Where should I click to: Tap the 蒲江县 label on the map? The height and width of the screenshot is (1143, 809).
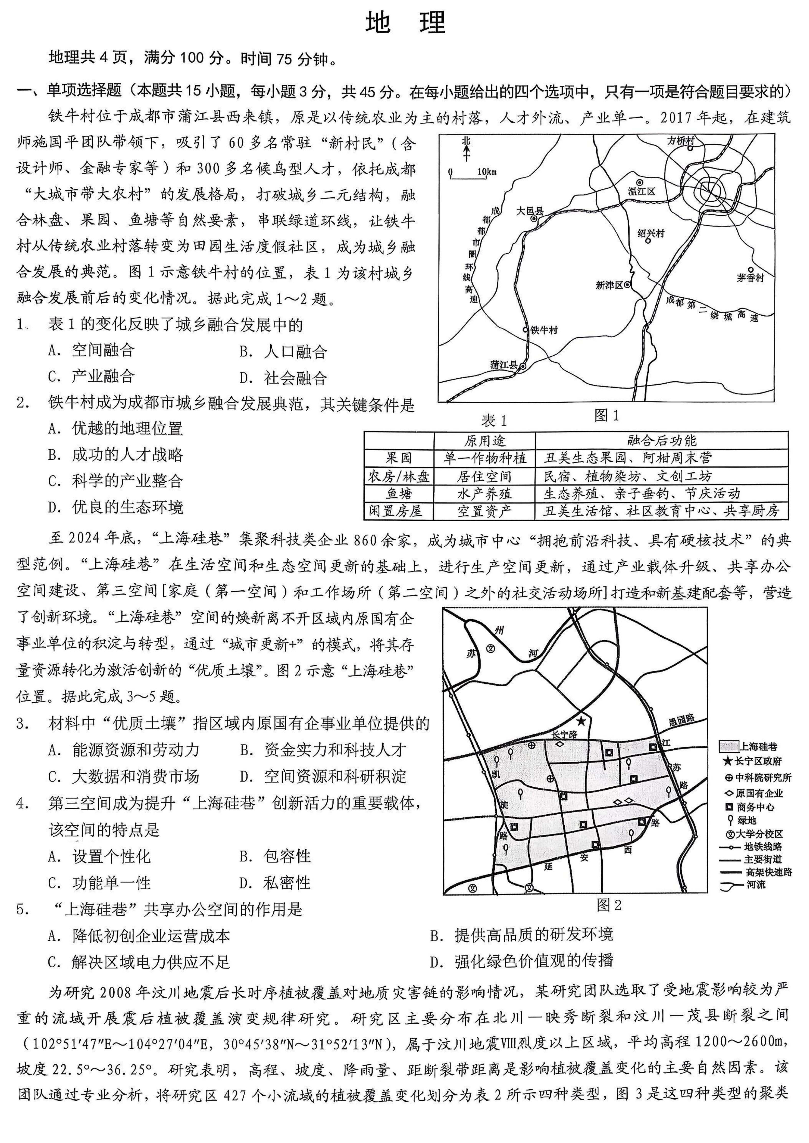[504, 365]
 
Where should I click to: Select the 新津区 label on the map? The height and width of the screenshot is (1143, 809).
[609, 285]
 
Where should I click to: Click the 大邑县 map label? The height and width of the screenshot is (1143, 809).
[529, 211]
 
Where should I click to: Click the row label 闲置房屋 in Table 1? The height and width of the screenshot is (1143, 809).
[399, 511]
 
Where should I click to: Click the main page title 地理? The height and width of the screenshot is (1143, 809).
[405, 22]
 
